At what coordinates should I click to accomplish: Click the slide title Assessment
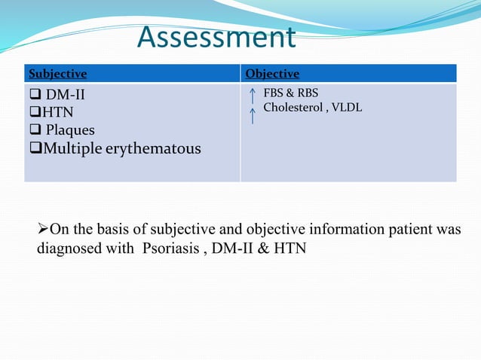point(217,38)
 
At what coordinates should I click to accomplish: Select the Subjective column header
point(57,74)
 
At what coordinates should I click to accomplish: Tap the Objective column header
point(272,74)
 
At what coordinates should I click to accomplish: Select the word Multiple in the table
point(75,148)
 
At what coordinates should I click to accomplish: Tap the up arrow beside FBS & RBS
point(252,96)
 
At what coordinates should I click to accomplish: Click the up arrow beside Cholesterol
point(252,115)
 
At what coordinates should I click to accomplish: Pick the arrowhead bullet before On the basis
point(43,230)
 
